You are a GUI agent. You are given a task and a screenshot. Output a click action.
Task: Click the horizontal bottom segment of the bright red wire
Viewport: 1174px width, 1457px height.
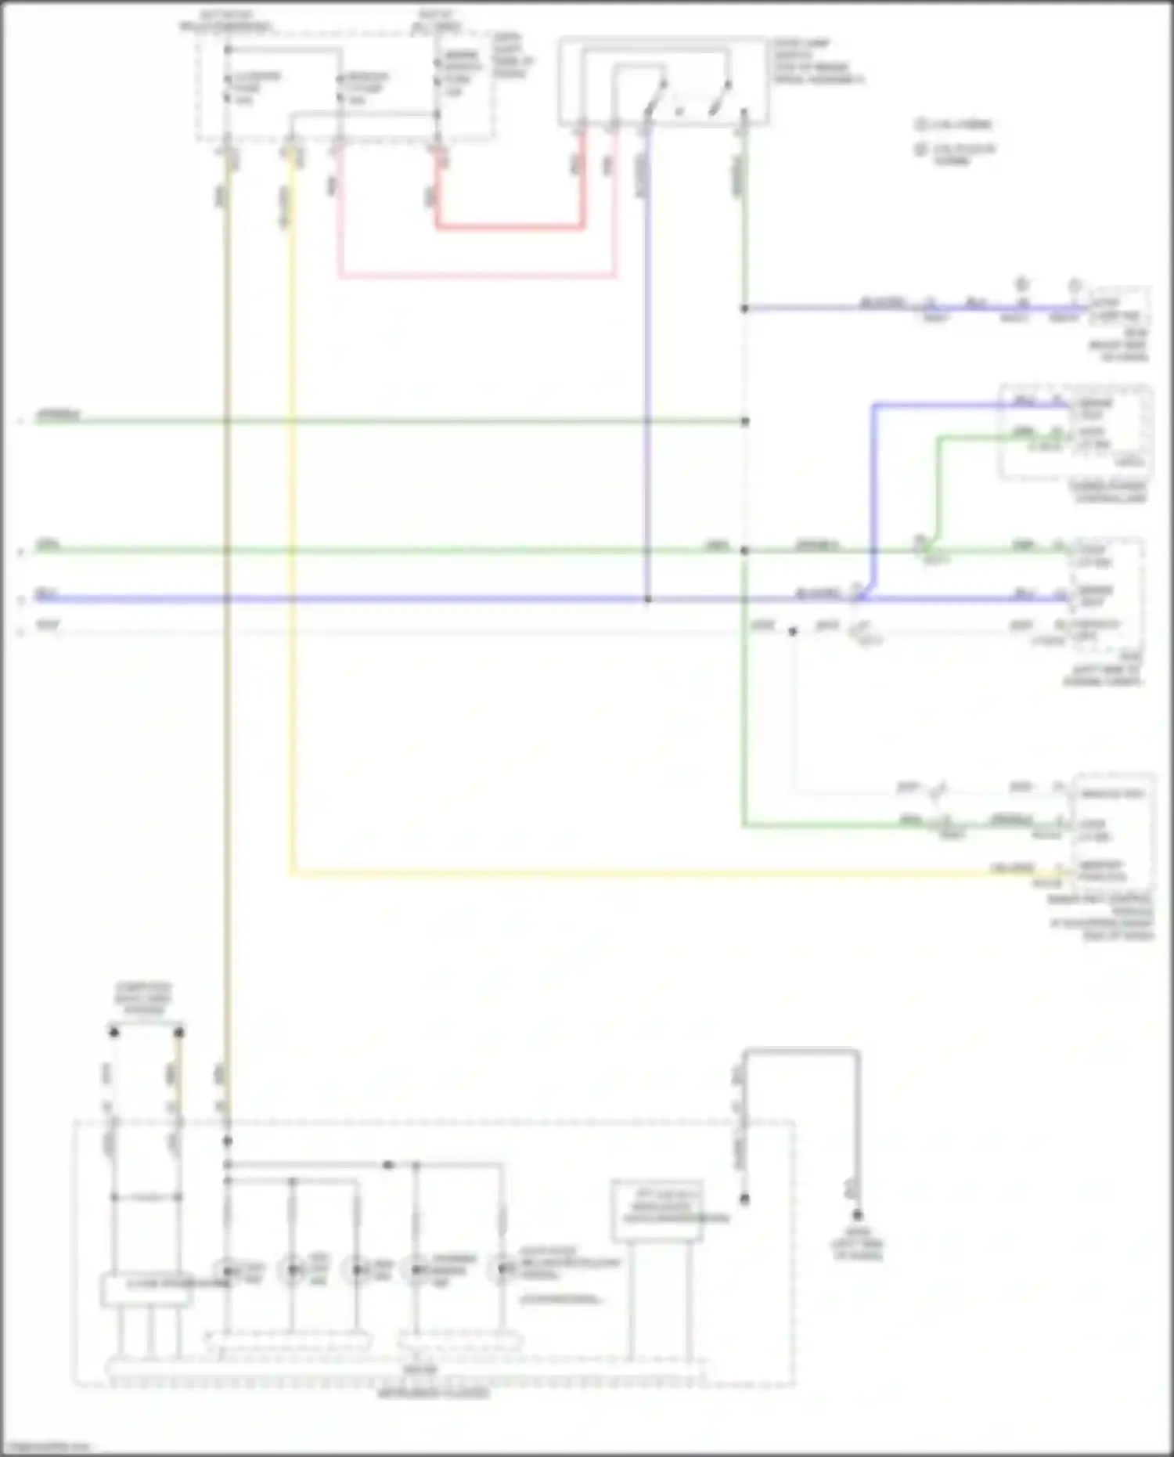click(509, 228)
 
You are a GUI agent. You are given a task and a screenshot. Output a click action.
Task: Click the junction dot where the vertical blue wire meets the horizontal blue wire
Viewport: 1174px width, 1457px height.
click(647, 600)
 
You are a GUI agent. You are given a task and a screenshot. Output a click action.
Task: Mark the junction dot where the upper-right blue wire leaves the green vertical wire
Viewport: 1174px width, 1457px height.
click(744, 308)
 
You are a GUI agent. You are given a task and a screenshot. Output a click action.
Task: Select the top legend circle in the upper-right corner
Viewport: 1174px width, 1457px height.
click(920, 124)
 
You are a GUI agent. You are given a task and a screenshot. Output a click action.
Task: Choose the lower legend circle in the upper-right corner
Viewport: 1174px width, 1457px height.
click(920, 149)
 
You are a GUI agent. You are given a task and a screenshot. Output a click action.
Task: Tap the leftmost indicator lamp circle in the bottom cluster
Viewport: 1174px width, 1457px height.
click(228, 1269)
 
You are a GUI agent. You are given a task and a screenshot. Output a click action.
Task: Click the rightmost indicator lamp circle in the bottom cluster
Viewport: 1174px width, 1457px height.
click(502, 1269)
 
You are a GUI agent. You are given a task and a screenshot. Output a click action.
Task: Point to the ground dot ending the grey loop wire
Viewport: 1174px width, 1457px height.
click(858, 1215)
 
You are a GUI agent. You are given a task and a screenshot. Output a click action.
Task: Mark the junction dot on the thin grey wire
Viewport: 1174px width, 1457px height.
click(793, 631)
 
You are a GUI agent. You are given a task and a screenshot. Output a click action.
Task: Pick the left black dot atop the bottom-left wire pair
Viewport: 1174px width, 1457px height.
click(114, 1033)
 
